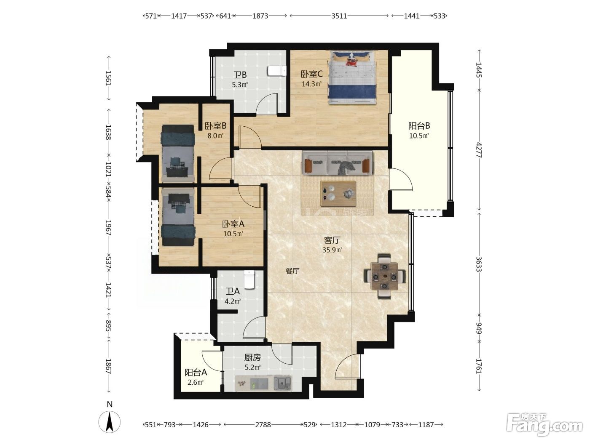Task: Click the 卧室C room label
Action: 311,74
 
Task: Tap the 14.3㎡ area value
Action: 311,84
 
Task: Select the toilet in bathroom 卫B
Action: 276,72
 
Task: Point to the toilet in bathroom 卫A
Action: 249,280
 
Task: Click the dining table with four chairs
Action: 385,276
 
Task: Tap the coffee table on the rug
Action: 338,194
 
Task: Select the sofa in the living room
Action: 337,163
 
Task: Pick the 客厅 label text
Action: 332,240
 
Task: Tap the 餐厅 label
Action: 292,271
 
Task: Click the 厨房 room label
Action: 252,357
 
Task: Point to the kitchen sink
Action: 282,382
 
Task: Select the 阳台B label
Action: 419,125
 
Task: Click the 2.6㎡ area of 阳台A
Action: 196,382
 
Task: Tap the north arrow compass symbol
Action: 110,421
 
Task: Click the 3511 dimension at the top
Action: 339,16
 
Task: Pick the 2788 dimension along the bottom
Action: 263,425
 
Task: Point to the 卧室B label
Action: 216,125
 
